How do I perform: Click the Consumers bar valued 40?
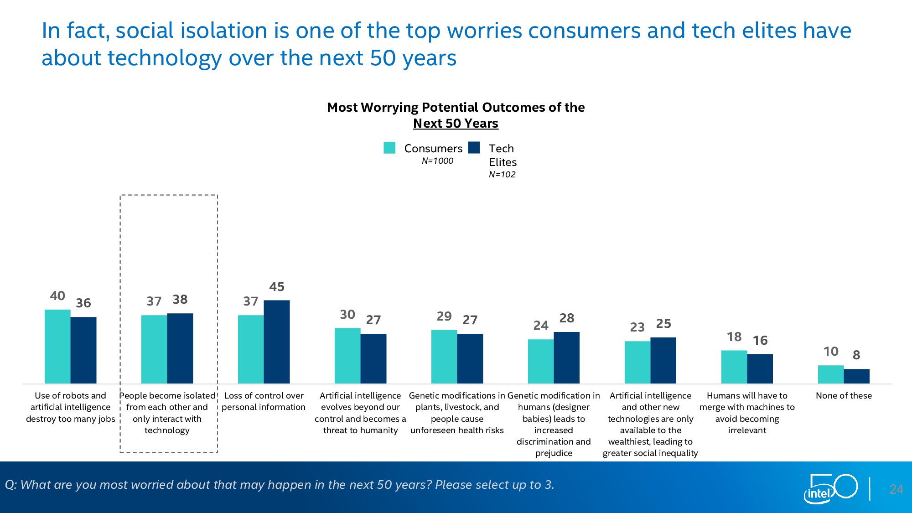click(57, 347)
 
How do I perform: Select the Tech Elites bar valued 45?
click(277, 342)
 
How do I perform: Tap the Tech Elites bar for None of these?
click(856, 376)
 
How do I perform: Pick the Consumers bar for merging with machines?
click(734, 367)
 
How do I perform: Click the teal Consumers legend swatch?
click(389, 148)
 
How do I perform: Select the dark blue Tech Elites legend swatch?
click(474, 148)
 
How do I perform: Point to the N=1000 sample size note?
click(437, 161)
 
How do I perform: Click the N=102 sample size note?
click(502, 175)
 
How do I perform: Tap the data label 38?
click(180, 300)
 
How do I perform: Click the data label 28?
click(567, 318)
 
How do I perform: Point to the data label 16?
click(760, 341)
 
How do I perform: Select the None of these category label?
click(844, 396)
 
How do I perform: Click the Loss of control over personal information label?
click(264, 401)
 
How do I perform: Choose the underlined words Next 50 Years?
click(456, 124)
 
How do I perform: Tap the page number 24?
click(896, 489)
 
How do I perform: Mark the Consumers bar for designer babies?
click(541, 362)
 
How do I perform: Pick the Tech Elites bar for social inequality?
click(663, 360)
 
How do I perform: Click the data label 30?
click(347, 315)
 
